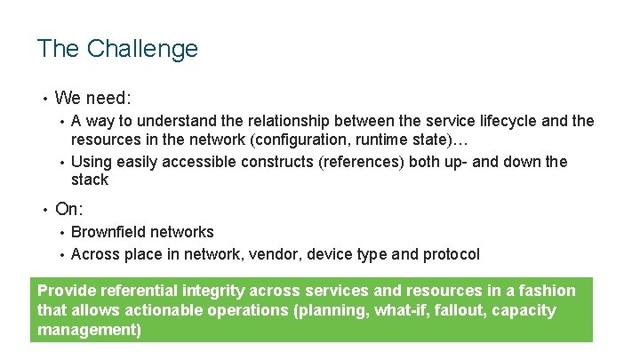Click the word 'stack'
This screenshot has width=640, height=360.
(89, 180)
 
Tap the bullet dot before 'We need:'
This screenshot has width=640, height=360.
(42, 98)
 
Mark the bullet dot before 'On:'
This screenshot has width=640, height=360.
(42, 210)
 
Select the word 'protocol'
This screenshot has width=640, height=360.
(450, 254)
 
